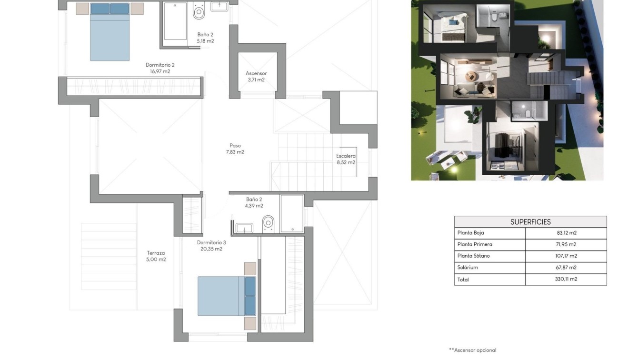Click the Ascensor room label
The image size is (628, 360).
coord(256,77)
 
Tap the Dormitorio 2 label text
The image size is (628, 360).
coord(160,68)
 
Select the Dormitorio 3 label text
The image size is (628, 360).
coord(211,246)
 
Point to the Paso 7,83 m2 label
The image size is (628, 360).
coord(235,149)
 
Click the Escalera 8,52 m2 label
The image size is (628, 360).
coord(346,159)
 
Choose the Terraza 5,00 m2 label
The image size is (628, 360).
coord(156,256)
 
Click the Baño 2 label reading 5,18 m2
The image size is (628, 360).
coord(206,38)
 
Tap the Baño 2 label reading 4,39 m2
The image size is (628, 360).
coord(254,203)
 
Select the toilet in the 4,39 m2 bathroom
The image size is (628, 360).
coord(269,223)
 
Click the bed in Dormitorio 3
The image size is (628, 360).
coord(227,296)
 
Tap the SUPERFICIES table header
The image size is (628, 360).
coord(530,222)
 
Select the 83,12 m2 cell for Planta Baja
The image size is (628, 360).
coord(566,233)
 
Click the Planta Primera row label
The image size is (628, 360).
coord(475,245)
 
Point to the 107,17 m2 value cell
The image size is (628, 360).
coord(566,256)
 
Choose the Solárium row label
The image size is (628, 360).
coord(468,268)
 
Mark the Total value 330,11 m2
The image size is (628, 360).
coord(566,280)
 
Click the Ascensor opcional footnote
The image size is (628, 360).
coord(472,350)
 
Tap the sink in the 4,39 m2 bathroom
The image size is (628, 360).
coord(244,229)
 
